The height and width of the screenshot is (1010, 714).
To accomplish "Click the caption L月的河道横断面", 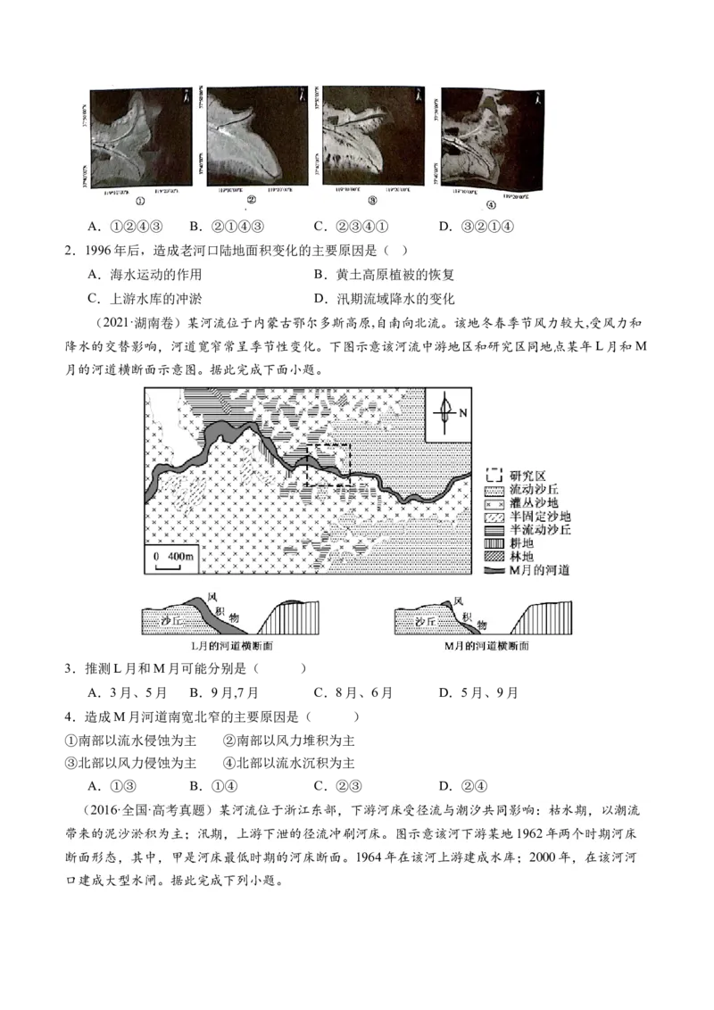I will tap(236, 645).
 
